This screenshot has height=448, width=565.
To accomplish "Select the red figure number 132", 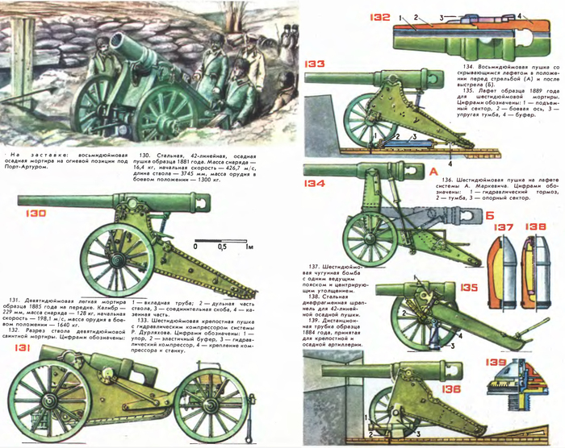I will pyautogui.click(x=381, y=16).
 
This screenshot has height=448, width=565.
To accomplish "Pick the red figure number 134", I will pyautogui.click(x=315, y=184).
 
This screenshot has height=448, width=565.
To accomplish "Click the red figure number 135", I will pyautogui.click(x=467, y=285).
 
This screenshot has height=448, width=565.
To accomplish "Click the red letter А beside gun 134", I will pyautogui.click(x=434, y=172).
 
